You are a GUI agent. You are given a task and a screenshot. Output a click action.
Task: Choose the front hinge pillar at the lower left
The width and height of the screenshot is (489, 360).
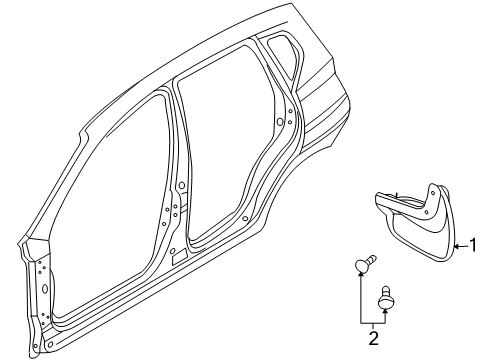coord(38,300)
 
